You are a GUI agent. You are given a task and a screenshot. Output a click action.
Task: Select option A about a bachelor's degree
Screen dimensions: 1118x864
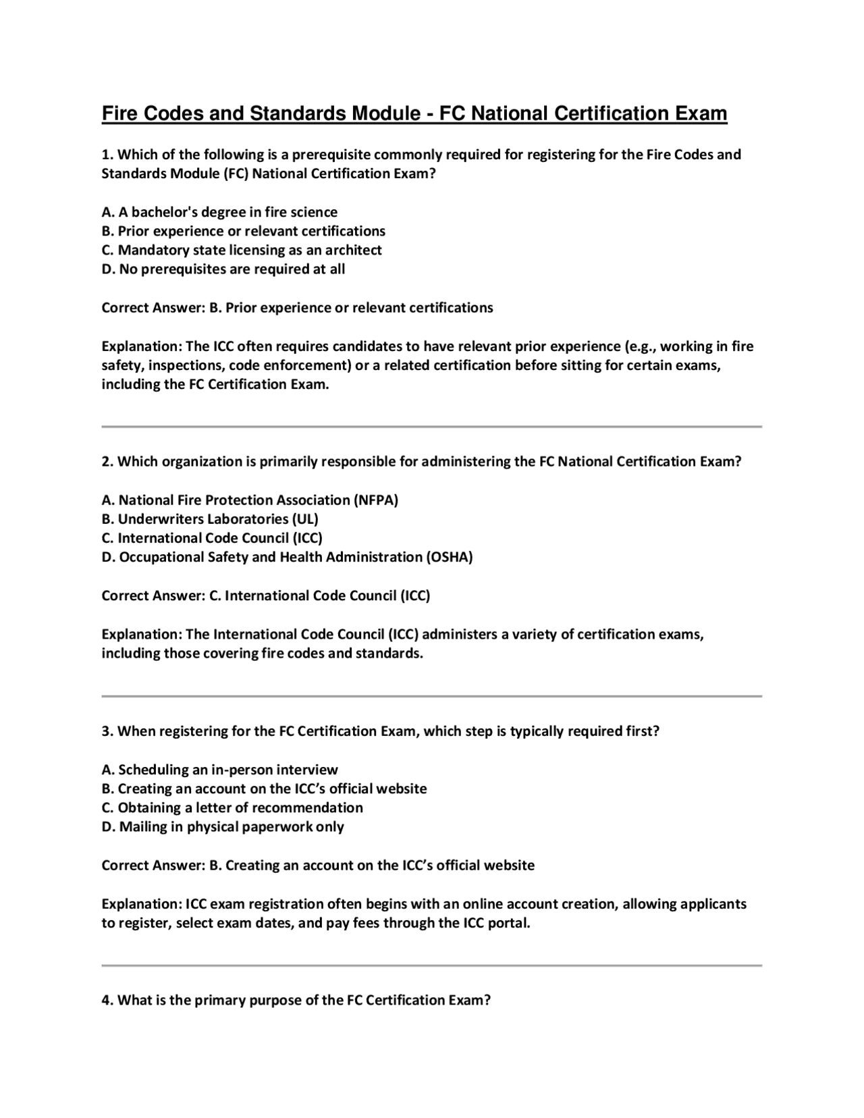219,212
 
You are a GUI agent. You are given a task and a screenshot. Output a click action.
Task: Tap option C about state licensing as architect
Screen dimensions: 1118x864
242,250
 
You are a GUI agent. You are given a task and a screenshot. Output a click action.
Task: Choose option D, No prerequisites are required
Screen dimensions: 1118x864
223,269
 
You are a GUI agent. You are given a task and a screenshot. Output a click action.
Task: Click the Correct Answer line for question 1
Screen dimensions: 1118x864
297,308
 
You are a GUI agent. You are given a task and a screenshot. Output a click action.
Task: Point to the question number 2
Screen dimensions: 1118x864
107,462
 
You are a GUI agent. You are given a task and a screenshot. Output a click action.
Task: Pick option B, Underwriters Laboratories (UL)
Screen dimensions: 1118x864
210,519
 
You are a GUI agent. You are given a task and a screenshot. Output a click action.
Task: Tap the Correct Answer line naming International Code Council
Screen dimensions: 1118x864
265,595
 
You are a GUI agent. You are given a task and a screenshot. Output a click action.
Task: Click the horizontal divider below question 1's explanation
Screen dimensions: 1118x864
431,427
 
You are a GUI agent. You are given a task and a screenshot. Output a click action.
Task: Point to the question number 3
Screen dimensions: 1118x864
107,731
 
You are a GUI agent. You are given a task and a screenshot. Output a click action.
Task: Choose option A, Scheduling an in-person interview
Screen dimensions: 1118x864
219,770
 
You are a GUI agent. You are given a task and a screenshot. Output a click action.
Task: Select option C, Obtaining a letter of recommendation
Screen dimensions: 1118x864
232,807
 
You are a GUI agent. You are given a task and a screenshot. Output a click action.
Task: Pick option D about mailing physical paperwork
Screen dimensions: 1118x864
223,826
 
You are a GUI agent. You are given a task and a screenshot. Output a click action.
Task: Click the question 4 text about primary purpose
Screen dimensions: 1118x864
296,1000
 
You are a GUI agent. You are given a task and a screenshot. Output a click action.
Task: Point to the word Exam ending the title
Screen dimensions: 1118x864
702,113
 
